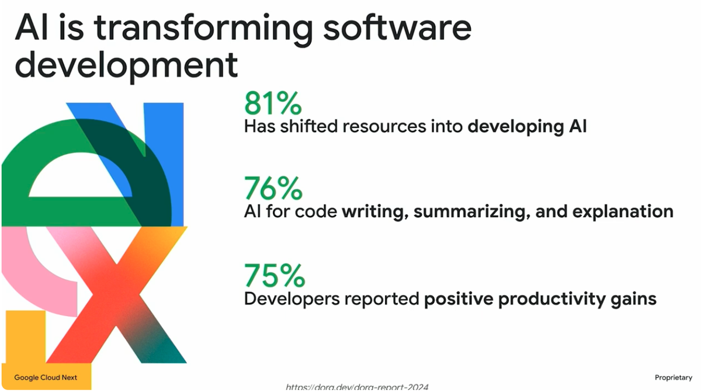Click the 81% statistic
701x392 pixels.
(x=273, y=103)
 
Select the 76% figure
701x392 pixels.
(x=273, y=188)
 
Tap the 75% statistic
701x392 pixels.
(x=275, y=275)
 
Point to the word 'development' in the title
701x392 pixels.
(x=126, y=65)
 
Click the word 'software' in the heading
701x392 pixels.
(x=397, y=27)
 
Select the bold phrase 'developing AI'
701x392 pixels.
(x=527, y=127)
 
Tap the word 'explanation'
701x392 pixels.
(x=623, y=212)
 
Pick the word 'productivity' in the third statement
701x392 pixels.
(x=551, y=299)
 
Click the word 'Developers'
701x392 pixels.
(x=291, y=299)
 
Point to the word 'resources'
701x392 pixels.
(x=384, y=127)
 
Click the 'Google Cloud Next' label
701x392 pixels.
(x=46, y=377)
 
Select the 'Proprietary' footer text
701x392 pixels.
(x=674, y=378)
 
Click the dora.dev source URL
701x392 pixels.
(x=357, y=387)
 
